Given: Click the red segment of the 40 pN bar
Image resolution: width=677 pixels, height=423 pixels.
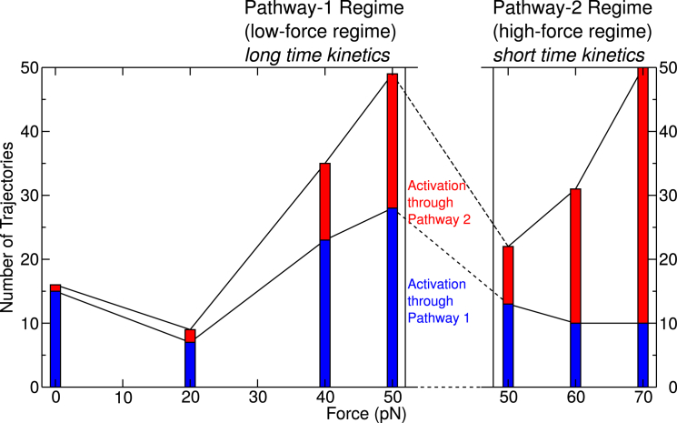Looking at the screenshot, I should [324, 201].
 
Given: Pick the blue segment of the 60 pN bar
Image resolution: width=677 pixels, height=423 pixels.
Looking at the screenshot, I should [574, 355].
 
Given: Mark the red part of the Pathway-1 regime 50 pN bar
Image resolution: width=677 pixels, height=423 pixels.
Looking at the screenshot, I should [393, 141].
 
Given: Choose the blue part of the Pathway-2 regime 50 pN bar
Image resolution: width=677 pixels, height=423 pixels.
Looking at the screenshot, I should [509, 345].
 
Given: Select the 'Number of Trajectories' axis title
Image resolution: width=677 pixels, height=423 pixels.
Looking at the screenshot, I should [8, 227].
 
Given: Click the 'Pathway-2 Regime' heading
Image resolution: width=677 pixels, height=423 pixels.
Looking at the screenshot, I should [569, 10].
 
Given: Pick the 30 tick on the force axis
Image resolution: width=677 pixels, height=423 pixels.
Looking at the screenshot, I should [258, 398].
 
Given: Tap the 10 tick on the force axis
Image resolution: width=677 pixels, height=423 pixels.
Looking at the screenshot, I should [124, 398].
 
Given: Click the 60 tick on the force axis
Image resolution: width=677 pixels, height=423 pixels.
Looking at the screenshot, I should [574, 398].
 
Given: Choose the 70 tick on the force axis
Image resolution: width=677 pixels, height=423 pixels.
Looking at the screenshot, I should [643, 398].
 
